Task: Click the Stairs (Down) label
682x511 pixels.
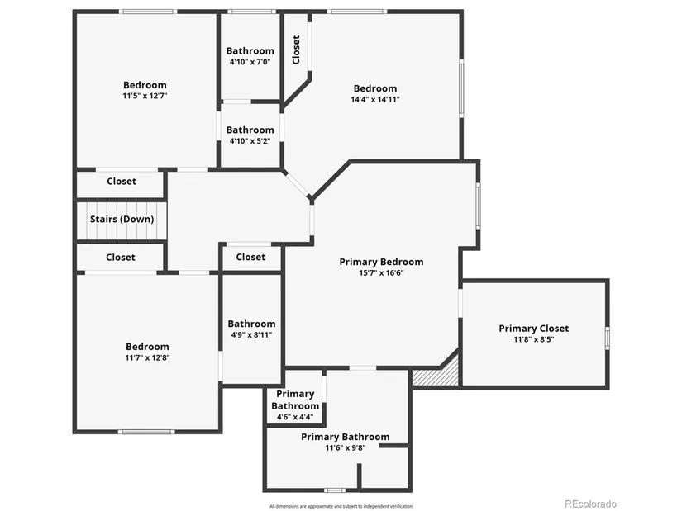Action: pyautogui.click(x=122, y=219)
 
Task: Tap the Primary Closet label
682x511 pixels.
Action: pyautogui.click(x=534, y=329)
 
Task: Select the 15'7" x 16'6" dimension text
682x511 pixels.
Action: pyautogui.click(x=381, y=273)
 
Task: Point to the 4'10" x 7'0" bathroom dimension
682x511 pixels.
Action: pyautogui.click(x=250, y=62)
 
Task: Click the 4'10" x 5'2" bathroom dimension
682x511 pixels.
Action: pyautogui.click(x=250, y=141)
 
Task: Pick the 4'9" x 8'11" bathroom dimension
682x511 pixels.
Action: pyautogui.click(x=251, y=334)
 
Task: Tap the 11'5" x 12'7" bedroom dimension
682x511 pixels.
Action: pyautogui.click(x=145, y=96)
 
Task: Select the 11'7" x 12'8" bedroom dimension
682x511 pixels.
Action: pyautogui.click(x=147, y=357)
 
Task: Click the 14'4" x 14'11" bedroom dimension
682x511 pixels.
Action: pyautogui.click(x=375, y=99)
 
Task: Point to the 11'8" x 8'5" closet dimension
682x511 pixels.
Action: pyautogui.click(x=534, y=339)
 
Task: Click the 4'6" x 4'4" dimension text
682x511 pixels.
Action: pyautogui.click(x=295, y=417)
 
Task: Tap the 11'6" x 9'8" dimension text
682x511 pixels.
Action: pyautogui.click(x=346, y=447)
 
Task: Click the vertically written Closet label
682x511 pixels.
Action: pyautogui.click(x=296, y=50)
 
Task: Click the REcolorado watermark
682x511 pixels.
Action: pyautogui.click(x=590, y=504)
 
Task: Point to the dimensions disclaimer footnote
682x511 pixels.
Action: pyautogui.click(x=341, y=506)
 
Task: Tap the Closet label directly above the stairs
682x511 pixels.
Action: pyautogui.click(x=122, y=181)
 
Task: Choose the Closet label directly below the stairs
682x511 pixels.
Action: pyautogui.click(x=121, y=258)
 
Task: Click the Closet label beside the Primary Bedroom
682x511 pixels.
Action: pyautogui.click(x=250, y=257)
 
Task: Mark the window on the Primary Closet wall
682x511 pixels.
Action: pyautogui.click(x=608, y=338)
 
